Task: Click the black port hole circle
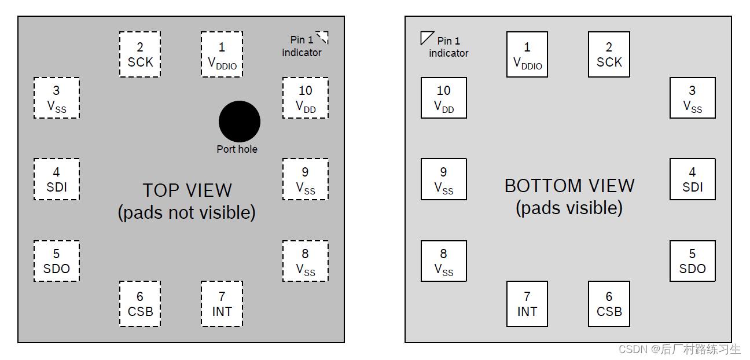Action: pyautogui.click(x=239, y=122)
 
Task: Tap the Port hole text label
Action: pyautogui.click(x=237, y=149)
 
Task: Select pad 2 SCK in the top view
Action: pyautogui.click(x=140, y=54)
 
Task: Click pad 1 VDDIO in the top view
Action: pyautogui.click(x=222, y=54)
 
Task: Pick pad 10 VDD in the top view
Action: pyautogui.click(x=305, y=98)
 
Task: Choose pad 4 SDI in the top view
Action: pyautogui.click(x=56, y=179)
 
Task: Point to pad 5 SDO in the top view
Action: pyautogui.click(x=56, y=261)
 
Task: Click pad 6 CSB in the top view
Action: pyautogui.click(x=140, y=304)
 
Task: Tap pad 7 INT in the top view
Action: pyautogui.click(x=222, y=304)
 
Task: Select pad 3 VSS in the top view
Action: pyautogui.click(x=56, y=98)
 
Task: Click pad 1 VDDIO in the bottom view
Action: pyautogui.click(x=527, y=54)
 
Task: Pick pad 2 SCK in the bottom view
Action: pyautogui.click(x=609, y=54)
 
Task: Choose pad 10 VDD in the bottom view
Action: pyautogui.click(x=443, y=98)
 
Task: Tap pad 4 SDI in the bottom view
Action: pyautogui.click(x=692, y=179)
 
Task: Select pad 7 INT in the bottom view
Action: pyautogui.click(x=527, y=304)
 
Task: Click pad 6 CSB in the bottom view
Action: pyautogui.click(x=609, y=304)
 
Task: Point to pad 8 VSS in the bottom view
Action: pyautogui.click(x=443, y=261)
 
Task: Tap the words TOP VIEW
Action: pyautogui.click(x=187, y=190)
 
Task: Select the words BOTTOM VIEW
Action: pyautogui.click(x=569, y=186)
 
